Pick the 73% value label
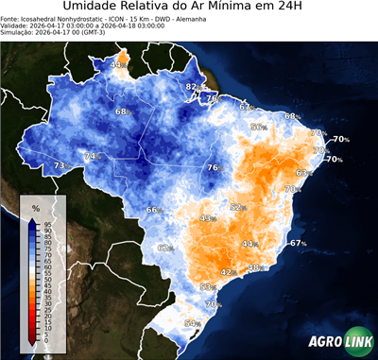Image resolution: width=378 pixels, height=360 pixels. pyautogui.click(x=60, y=165)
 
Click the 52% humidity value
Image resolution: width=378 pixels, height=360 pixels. pyautogui.click(x=238, y=207)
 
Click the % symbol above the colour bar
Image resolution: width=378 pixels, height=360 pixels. pyautogui.click(x=35, y=206)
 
